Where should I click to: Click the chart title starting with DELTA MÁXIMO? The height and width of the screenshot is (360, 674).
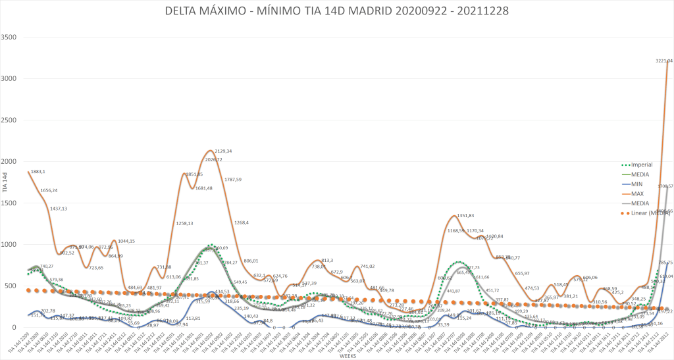[x=336, y=11]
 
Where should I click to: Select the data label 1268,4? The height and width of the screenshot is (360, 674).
[x=243, y=222]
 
